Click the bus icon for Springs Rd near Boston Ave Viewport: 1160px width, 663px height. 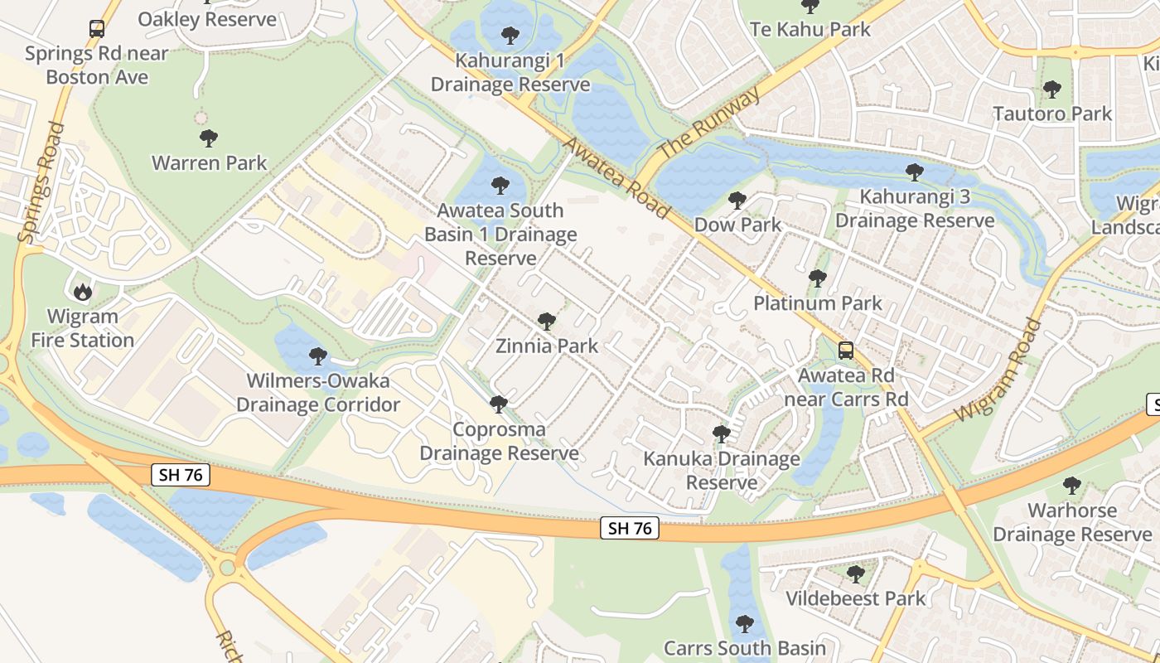click(x=97, y=29)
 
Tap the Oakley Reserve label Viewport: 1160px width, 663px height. click(x=207, y=19)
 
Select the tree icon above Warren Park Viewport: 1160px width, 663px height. click(x=209, y=138)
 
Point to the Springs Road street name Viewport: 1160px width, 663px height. click(x=41, y=183)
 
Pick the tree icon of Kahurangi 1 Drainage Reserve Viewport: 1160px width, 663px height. click(x=510, y=36)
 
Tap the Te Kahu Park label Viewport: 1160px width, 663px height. click(x=810, y=29)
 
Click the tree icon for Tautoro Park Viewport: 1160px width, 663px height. click(x=1052, y=89)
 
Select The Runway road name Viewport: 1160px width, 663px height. click(x=708, y=124)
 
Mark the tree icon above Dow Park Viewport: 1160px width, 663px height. click(x=737, y=200)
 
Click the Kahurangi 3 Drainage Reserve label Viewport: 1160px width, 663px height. click(x=914, y=209)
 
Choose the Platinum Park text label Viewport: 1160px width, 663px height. click(x=818, y=303)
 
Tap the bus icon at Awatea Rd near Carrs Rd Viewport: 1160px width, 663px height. click(x=845, y=350)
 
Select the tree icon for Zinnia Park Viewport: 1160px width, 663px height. click(x=546, y=321)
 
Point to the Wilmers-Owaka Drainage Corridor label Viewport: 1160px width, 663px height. click(x=318, y=393)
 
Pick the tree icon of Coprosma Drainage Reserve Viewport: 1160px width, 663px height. click(x=498, y=404)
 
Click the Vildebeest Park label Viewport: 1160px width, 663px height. click(x=855, y=598)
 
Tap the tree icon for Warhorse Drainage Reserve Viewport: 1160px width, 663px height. click(x=1072, y=485)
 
